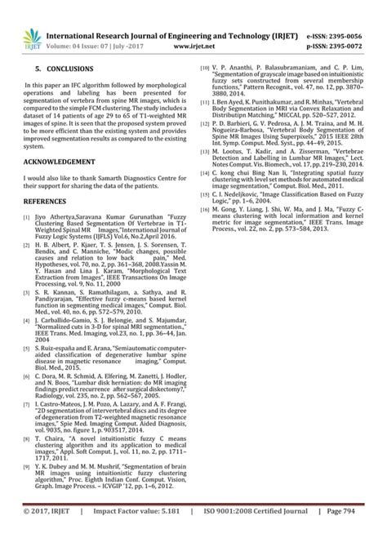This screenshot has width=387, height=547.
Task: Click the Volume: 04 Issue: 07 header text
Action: click(90, 24)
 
